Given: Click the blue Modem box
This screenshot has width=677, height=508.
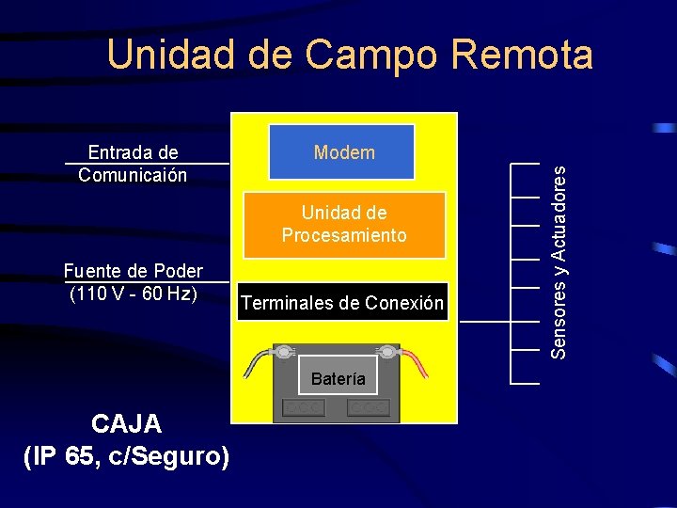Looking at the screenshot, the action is (x=341, y=151).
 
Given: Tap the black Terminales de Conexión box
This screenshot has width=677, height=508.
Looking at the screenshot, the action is (x=343, y=302).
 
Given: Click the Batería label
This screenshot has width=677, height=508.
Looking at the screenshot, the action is (x=338, y=378).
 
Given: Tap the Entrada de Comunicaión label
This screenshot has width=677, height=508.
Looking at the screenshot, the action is (x=133, y=164).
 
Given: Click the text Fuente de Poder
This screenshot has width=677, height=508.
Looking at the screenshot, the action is (x=133, y=272).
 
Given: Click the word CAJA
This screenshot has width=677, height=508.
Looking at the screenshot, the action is (x=126, y=425).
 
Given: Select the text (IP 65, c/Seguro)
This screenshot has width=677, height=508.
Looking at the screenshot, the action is (x=126, y=457).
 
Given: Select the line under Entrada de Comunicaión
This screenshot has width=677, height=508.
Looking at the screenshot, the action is (x=147, y=165).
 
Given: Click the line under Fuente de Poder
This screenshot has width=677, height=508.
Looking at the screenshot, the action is (x=147, y=281).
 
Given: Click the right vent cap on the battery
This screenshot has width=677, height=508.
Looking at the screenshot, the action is (x=368, y=407).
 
